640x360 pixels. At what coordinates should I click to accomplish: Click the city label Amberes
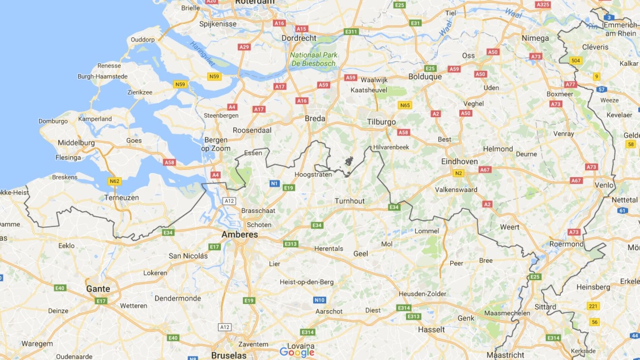coord(240,234)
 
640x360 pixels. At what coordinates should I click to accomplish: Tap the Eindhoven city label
coord(459,162)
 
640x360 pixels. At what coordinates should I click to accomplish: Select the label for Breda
coord(315,119)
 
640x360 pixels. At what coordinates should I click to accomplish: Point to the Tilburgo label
coord(381,122)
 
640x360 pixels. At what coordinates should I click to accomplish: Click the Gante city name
coord(98,289)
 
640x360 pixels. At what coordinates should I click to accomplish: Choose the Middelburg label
coord(76,143)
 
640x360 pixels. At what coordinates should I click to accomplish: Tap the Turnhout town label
coord(349,201)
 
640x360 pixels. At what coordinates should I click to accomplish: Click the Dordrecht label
coord(299,38)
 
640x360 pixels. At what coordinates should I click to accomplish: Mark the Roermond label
coord(566,244)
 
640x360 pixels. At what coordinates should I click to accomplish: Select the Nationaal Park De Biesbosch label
coord(313,59)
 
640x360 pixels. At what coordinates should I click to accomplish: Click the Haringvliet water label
coord(202,54)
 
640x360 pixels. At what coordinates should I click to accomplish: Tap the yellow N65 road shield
coord(405,105)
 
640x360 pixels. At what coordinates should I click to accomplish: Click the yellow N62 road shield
coord(114,181)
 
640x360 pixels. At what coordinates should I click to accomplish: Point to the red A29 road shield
coord(244,47)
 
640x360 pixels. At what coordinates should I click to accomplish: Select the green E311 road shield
coord(351,32)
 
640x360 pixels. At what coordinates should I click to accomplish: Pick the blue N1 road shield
coord(274,184)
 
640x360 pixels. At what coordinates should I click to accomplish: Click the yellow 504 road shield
coord(576,61)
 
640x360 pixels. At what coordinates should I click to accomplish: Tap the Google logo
coord(297,353)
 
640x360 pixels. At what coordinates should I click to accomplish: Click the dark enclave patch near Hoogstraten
coord(349,162)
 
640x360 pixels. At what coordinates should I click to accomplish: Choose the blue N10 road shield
coord(319,300)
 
